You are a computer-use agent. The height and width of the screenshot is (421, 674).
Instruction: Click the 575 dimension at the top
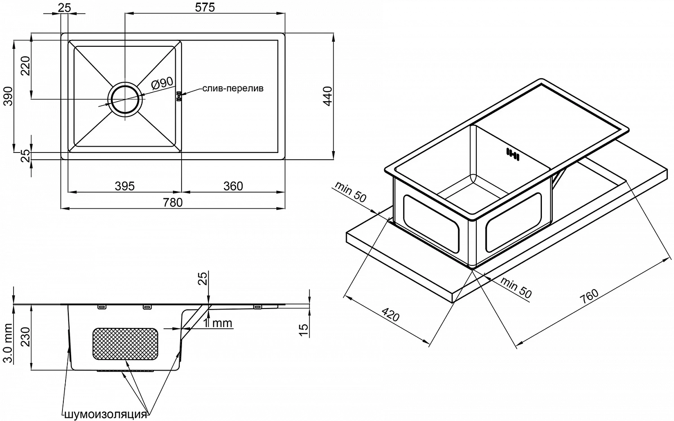point(205,7)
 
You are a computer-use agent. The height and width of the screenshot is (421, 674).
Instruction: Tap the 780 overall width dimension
point(173,202)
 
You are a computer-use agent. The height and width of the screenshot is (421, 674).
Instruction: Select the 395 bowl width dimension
point(124,186)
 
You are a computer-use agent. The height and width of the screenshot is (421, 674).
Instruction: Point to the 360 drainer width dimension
point(233,186)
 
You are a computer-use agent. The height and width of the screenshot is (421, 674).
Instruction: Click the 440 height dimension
point(328,96)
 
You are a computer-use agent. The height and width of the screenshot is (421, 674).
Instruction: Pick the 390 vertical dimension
point(8,96)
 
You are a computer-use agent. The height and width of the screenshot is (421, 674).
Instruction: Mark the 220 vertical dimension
point(25,66)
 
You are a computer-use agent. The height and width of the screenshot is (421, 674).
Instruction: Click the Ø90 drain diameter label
point(162,83)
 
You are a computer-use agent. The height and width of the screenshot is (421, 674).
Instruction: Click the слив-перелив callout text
point(233,88)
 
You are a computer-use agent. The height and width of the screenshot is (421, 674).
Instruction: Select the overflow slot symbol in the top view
point(179,96)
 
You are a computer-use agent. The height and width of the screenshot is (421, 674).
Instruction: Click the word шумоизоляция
point(106,415)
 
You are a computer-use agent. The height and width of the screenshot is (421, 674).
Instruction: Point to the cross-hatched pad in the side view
point(125,344)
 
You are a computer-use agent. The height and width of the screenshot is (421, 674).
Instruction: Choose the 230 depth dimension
point(26,337)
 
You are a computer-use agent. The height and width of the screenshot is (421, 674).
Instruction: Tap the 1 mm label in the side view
point(217,323)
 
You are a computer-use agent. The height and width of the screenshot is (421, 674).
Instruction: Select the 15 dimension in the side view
point(304,330)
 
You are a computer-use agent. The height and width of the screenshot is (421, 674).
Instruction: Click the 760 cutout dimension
point(589,296)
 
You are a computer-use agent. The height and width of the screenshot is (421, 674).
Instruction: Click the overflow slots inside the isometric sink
point(513,154)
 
